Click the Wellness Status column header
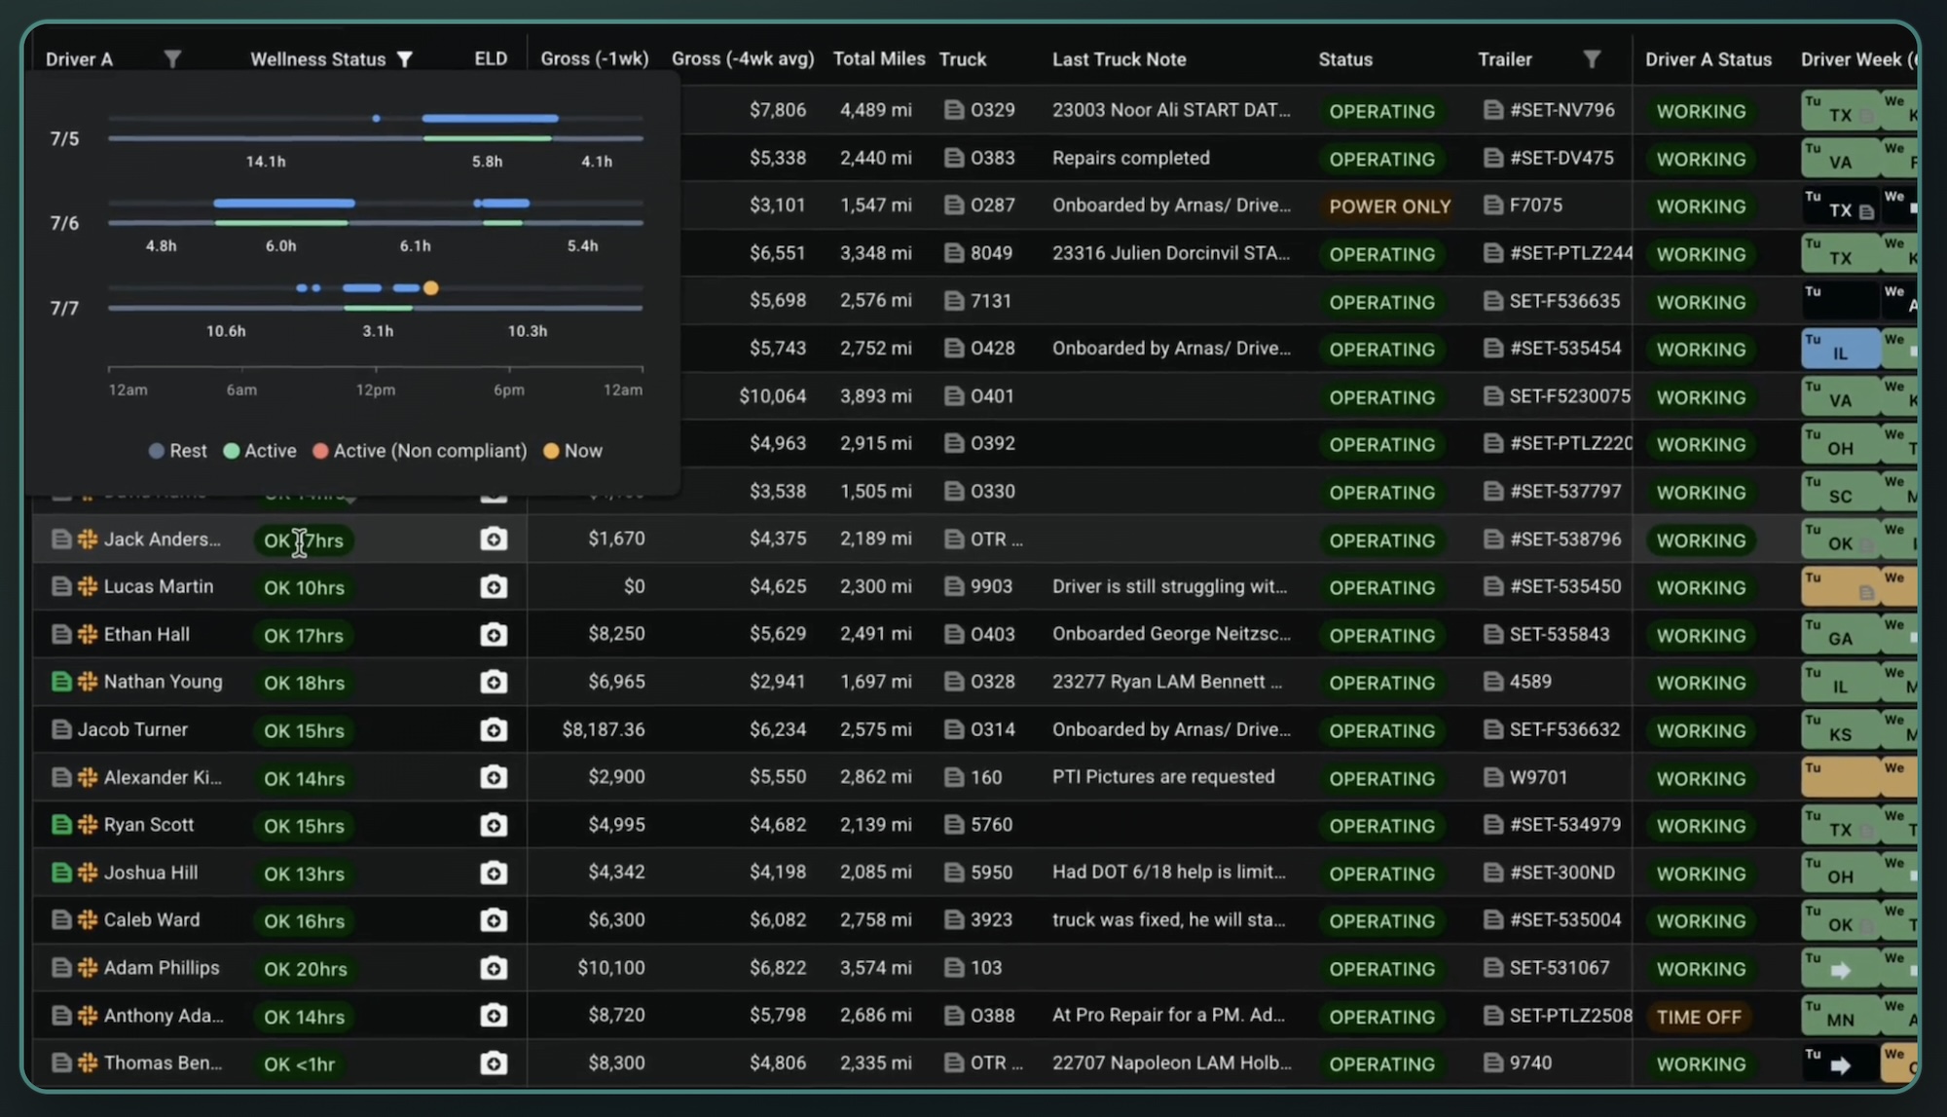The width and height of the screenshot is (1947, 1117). click(x=317, y=59)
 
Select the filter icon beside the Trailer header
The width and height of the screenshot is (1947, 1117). click(x=1592, y=59)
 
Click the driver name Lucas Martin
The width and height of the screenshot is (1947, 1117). click(x=158, y=586)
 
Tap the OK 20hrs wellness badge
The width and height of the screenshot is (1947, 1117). click(x=305, y=969)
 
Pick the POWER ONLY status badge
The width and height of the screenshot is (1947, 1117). click(x=1389, y=206)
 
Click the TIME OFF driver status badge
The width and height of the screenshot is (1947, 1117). click(x=1699, y=1017)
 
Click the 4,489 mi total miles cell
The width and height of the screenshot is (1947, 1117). click(x=875, y=110)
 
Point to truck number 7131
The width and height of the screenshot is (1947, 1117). click(x=990, y=301)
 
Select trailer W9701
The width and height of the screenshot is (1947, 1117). click(x=1538, y=777)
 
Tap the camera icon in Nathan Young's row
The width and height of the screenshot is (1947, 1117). click(x=494, y=682)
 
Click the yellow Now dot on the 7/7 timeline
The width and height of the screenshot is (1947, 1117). click(x=431, y=288)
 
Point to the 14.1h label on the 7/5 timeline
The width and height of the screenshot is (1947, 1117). click(x=266, y=162)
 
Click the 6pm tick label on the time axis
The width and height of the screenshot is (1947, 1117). click(x=508, y=390)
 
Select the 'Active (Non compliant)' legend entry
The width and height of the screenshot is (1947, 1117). click(x=420, y=451)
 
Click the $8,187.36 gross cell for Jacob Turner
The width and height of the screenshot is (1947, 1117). click(x=603, y=729)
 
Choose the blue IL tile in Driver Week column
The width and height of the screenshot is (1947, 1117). click(x=1839, y=350)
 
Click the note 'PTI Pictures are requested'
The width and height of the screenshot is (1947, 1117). click(x=1162, y=777)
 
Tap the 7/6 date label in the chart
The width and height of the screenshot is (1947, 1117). click(x=64, y=223)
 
